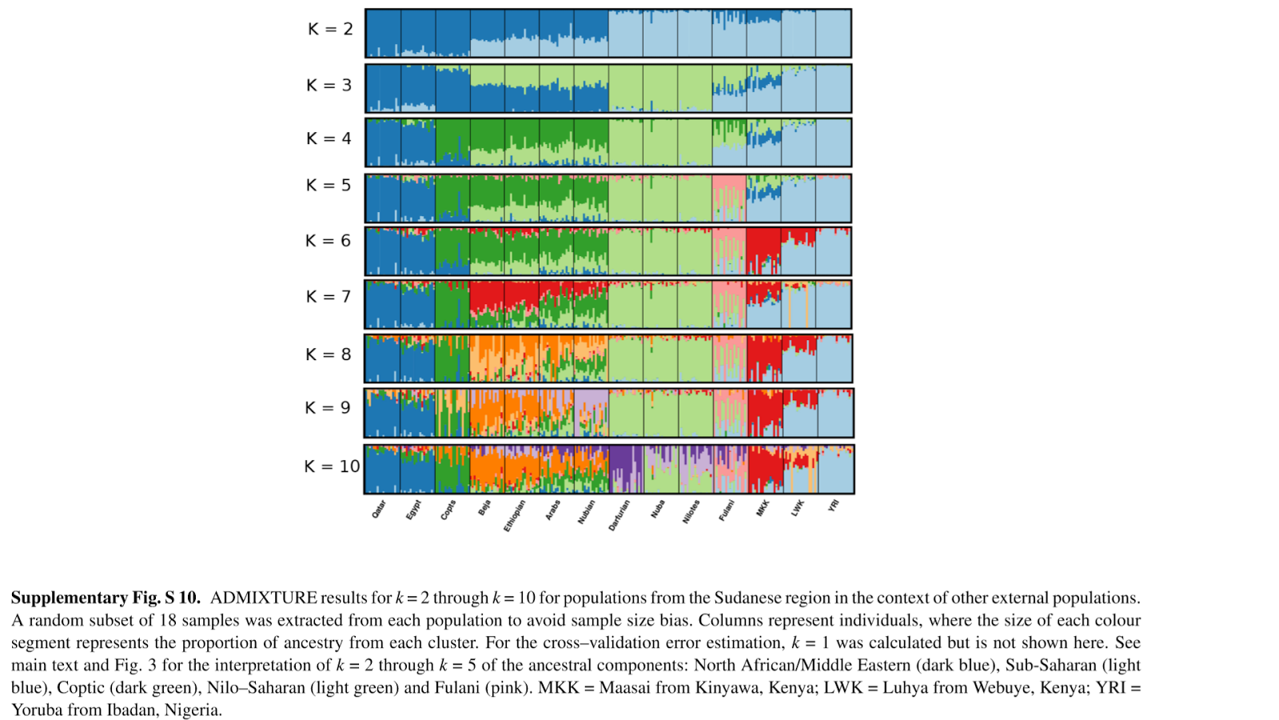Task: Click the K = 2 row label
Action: coord(330,30)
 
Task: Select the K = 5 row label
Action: coord(329,186)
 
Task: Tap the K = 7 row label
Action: coord(329,297)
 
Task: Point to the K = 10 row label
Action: coord(332,466)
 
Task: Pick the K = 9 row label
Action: coord(329,408)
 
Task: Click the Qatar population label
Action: coord(379,510)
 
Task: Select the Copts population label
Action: coord(448,510)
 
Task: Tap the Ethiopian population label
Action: coord(515,515)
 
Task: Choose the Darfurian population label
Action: coord(620,515)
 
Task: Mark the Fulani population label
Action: coord(726,510)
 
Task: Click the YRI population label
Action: coord(834,506)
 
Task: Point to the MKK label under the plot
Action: coord(763,508)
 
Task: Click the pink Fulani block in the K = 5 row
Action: coord(728,189)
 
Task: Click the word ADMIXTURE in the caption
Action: coord(264,598)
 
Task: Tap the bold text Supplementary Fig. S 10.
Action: coord(106,598)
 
